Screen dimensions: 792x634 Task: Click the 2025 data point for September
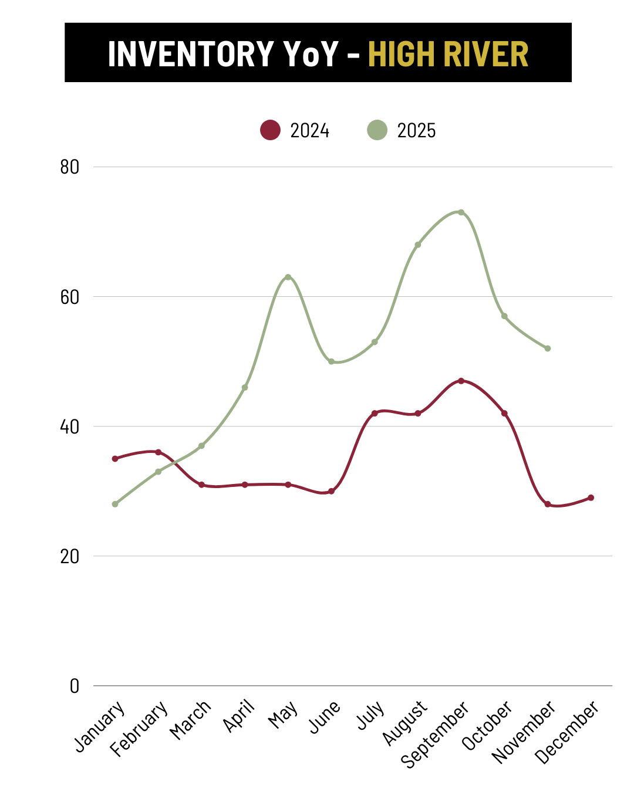tap(461, 212)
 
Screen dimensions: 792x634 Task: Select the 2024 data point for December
tap(591, 497)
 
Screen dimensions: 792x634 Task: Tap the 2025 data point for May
tap(288, 277)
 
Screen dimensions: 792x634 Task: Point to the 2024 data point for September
tap(461, 381)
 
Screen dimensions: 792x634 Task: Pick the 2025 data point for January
tap(115, 504)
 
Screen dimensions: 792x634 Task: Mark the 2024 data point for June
tap(331, 491)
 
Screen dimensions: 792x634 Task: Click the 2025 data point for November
tap(548, 348)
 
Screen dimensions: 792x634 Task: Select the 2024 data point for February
tap(158, 452)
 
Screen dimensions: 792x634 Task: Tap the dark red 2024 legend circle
tap(270, 130)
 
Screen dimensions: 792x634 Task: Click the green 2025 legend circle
tap(377, 130)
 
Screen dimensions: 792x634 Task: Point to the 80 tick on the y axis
tap(69, 167)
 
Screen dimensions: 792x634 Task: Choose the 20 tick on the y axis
tap(69, 556)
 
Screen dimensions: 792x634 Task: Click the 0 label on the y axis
tap(75, 686)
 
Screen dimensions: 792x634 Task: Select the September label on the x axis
tap(435, 734)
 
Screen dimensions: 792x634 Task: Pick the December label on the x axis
tap(568, 732)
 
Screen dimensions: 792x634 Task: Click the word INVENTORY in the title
tap(191, 54)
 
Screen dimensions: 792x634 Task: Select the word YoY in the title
tap(311, 54)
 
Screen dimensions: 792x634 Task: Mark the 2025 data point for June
tap(331, 361)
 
